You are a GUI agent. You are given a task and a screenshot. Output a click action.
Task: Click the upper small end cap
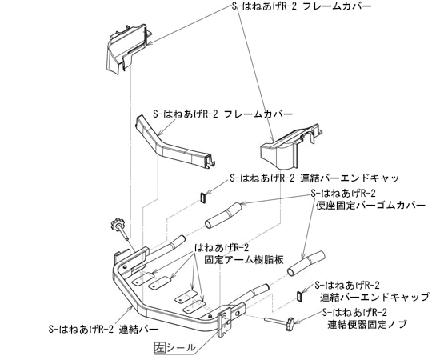(203, 195)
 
